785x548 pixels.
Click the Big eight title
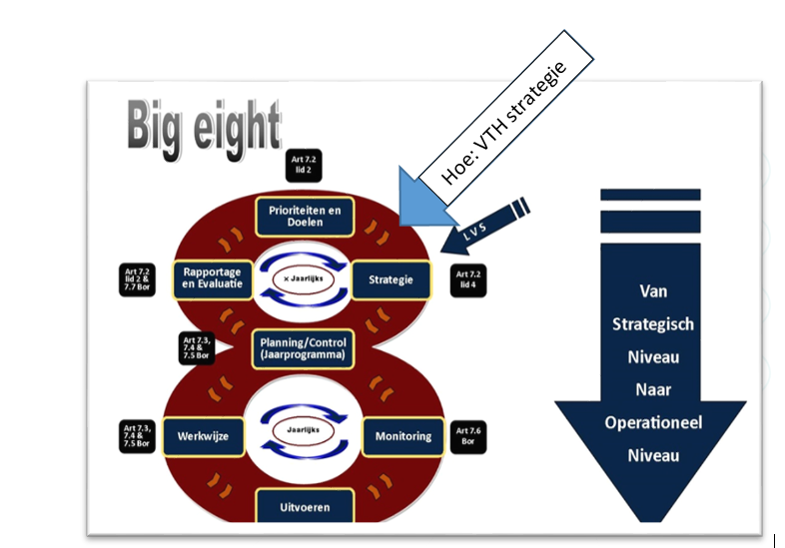coord(204,127)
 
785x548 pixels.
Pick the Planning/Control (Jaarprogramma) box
coord(302,347)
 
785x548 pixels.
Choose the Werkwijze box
coord(205,436)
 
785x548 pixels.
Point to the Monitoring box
coord(402,436)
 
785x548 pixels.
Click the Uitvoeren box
coord(305,507)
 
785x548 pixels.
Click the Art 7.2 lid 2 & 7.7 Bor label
coord(137,279)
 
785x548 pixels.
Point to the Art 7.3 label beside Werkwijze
coord(137,436)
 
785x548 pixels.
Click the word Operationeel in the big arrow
coord(653,422)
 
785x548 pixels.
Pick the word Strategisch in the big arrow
coord(653,324)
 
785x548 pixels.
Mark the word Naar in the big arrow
coord(653,389)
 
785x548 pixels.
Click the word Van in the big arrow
coord(653,291)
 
